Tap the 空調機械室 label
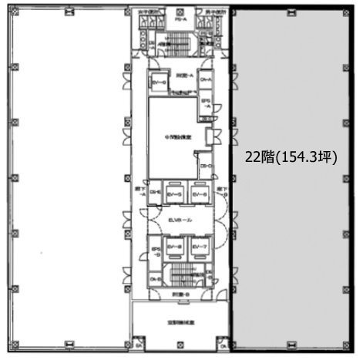pos(181,322)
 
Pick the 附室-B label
pos(180,294)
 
